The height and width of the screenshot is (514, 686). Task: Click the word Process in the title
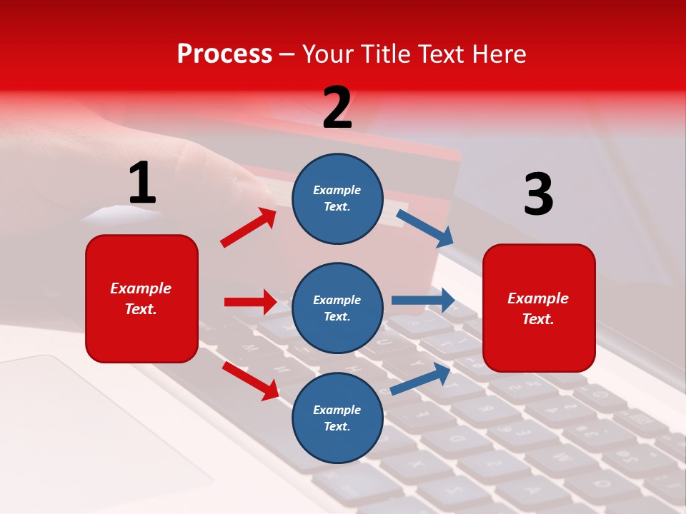pos(224,54)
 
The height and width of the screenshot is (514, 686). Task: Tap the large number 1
pos(142,183)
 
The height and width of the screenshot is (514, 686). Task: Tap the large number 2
pos(337,108)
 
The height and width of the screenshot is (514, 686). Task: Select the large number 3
pos(538,194)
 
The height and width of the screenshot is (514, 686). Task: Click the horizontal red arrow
pos(250,302)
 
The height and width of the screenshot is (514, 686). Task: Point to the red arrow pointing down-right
pos(250,380)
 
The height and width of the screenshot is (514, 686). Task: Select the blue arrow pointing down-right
pos(425,228)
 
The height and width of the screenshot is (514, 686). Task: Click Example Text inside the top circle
pos(337,198)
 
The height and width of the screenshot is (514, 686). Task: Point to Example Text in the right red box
pos(538,308)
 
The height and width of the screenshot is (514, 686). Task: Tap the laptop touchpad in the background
pos(86,428)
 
